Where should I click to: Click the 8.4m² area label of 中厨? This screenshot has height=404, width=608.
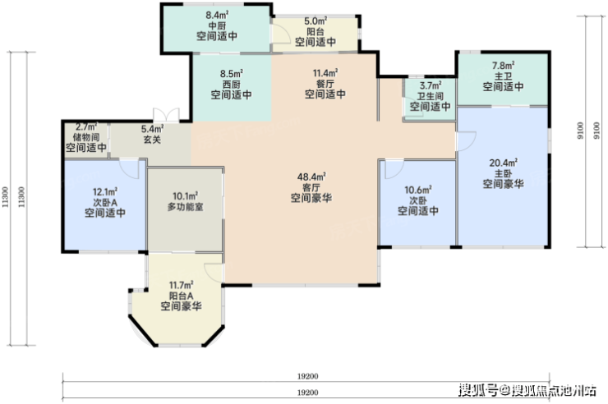(x=217, y=16)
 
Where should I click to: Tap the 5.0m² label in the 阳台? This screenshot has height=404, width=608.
(x=316, y=21)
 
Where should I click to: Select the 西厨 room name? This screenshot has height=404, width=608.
(x=231, y=84)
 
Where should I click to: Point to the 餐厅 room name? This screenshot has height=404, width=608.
(x=325, y=83)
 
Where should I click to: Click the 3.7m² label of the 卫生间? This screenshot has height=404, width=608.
(x=431, y=85)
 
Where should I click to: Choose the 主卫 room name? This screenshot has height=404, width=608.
(x=503, y=76)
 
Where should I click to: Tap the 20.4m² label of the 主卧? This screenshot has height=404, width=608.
(x=503, y=163)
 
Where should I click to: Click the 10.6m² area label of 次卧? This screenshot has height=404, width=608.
(x=418, y=190)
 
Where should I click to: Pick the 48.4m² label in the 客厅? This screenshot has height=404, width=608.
(x=311, y=177)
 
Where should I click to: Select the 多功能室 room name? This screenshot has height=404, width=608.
(x=186, y=206)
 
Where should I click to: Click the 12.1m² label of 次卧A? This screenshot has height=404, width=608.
(x=105, y=191)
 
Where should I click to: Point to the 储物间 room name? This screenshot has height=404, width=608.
(x=86, y=137)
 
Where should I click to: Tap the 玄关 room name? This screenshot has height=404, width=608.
(x=152, y=139)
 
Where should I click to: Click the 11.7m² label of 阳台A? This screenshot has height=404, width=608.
(x=181, y=285)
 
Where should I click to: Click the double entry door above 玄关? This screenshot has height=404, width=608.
(x=166, y=116)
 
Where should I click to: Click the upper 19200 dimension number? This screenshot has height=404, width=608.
(x=307, y=376)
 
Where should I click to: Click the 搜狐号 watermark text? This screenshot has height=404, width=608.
(x=477, y=390)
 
